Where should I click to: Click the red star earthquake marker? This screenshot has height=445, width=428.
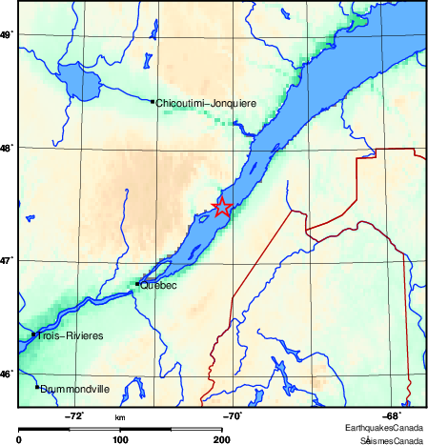coord(221,207)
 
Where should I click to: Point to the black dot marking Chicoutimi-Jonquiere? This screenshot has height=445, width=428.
coord(153,101)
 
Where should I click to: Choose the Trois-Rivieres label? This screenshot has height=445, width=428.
coord(66,335)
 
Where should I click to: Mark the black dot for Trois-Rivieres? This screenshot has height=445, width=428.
coord(33,334)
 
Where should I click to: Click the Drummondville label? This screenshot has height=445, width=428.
coord(75,389)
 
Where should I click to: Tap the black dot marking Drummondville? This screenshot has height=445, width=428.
coord(37,387)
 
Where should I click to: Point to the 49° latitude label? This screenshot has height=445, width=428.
coord(6,35)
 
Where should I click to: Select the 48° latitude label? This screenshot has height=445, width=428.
coord(6,148)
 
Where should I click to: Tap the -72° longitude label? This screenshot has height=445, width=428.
coord(73,415)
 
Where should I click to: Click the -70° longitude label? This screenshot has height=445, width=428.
coord(232,415)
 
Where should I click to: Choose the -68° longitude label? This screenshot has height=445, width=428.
coord(391,415)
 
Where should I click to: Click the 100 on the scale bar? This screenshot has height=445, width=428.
coord(120,439)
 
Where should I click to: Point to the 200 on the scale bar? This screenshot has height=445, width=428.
coord(221,439)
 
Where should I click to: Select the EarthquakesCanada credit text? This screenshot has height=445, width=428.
coord(384,428)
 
